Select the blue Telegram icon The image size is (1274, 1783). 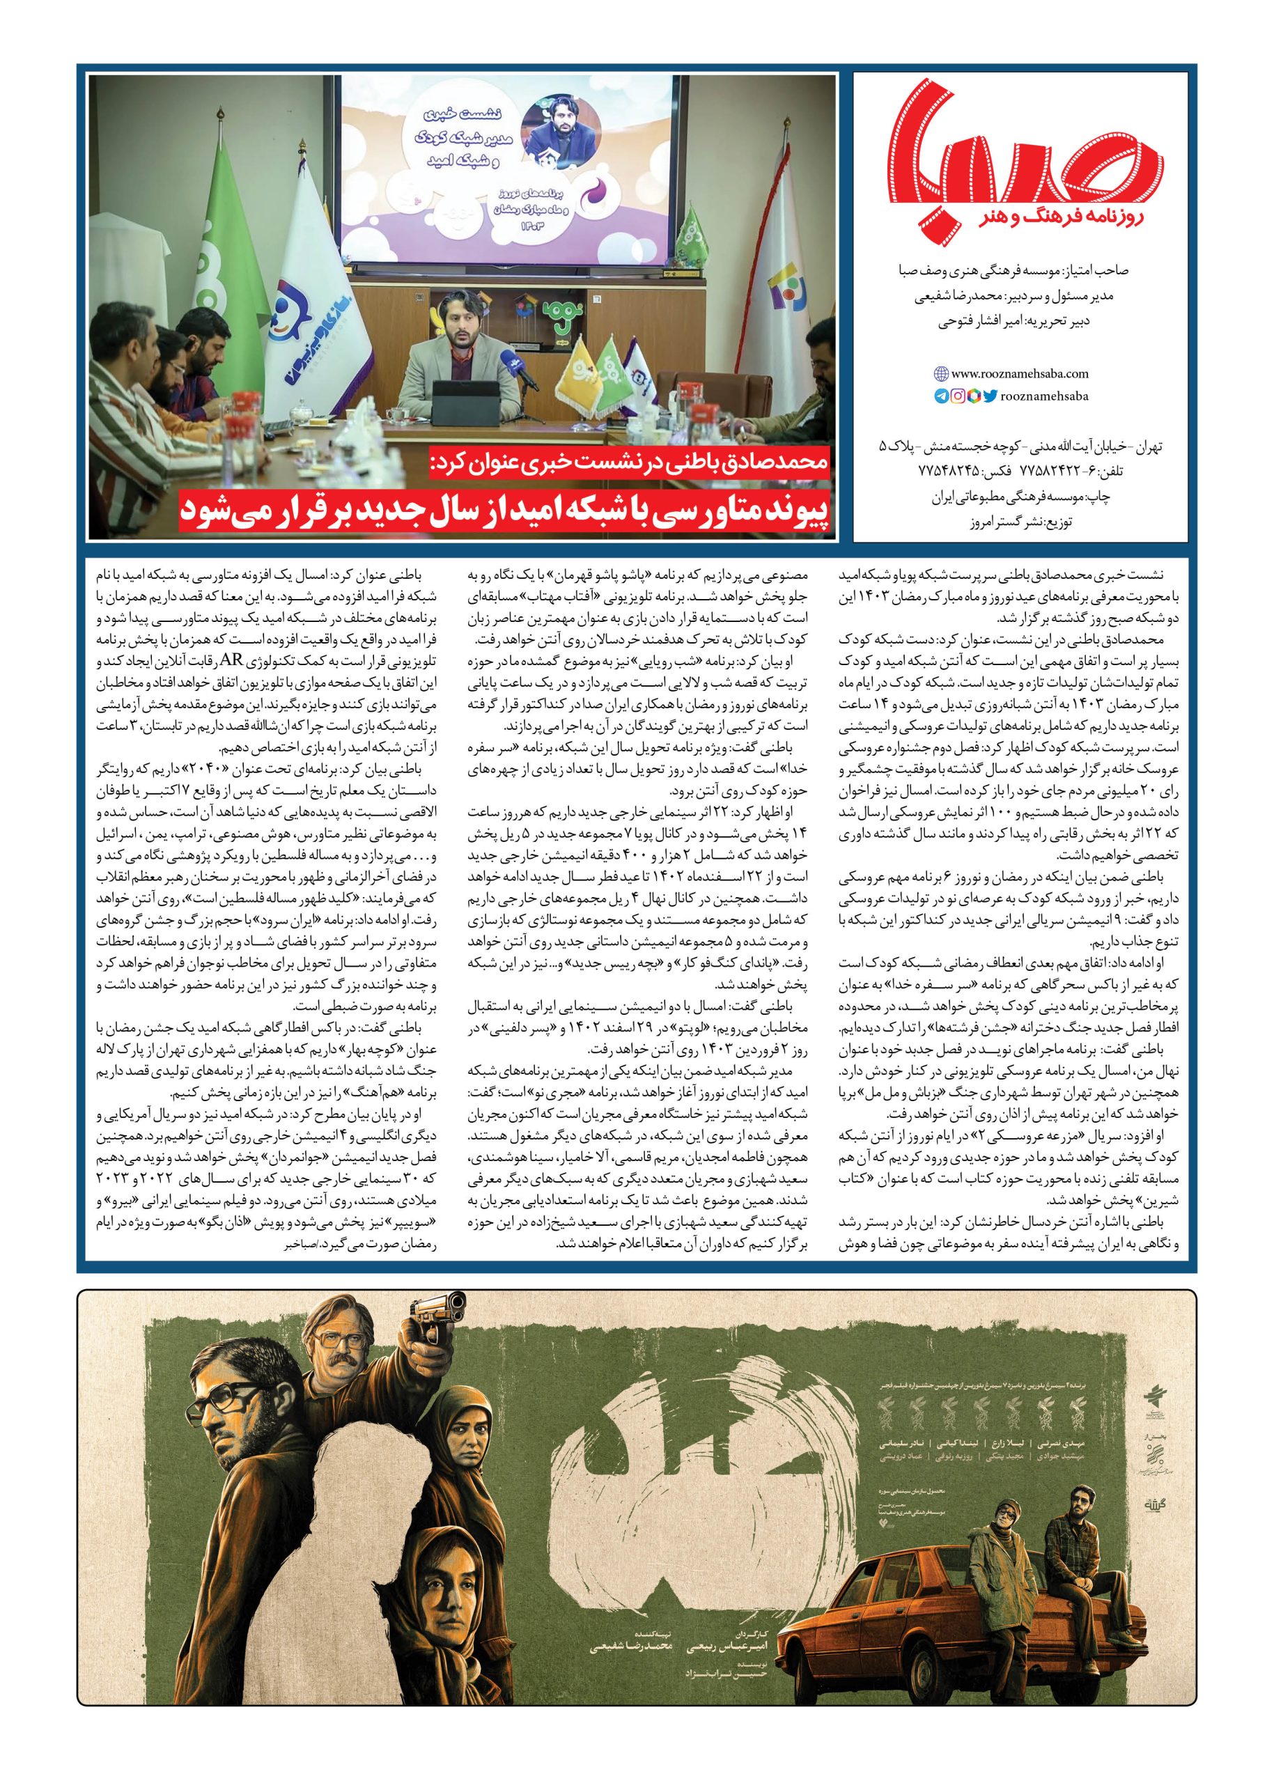[940, 396]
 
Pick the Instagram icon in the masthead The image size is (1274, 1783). [957, 396]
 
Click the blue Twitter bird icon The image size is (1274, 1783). [990, 396]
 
